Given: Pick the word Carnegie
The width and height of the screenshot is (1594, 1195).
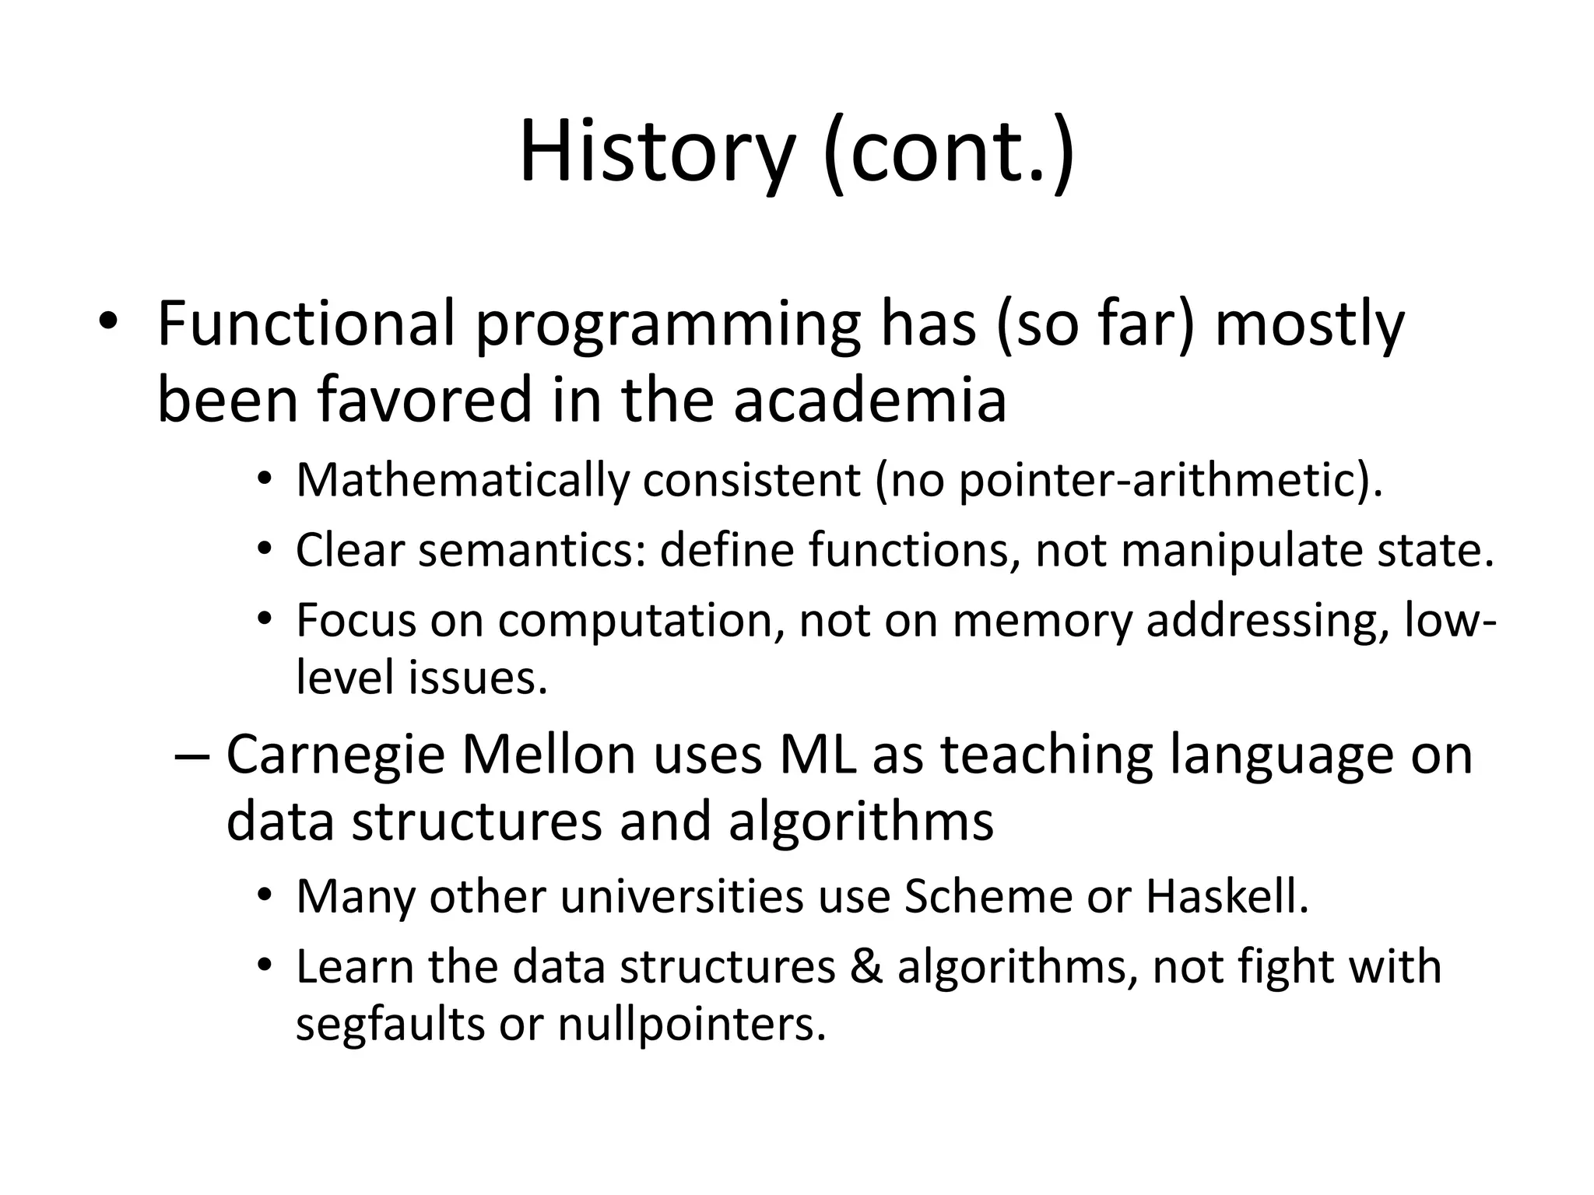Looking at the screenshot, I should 335,754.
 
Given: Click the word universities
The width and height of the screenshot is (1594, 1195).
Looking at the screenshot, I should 682,896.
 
